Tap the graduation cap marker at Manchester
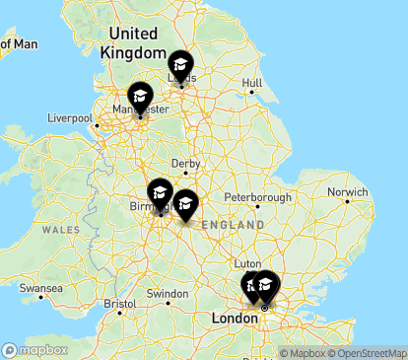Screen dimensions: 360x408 pos(140,97)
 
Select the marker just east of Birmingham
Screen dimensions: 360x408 pos(184,205)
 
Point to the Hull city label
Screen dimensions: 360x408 pos(252,83)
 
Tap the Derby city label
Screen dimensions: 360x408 pos(185,164)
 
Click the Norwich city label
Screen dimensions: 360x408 pos(348,191)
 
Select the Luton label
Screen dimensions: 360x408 pos(246,263)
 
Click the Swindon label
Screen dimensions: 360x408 pos(167,294)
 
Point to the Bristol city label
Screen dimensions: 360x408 pos(118,303)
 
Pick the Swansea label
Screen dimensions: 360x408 pos(42,289)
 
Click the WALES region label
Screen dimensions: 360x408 pos(60,229)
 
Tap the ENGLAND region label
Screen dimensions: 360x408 pos(233,226)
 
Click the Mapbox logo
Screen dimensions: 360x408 pos(35,350)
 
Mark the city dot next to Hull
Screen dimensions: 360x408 pos(252,93)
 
